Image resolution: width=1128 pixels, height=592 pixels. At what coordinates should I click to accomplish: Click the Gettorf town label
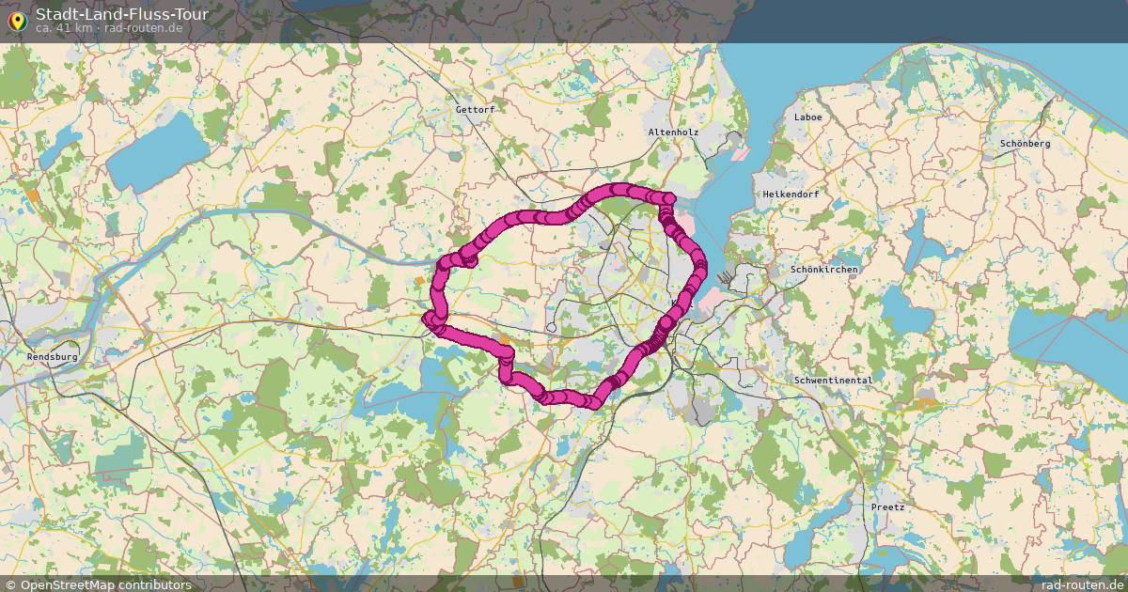pos(475,110)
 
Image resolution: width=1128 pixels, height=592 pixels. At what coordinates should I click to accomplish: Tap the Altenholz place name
pos(673,132)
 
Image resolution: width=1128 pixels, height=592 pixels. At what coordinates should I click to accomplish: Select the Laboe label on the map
pos(807,117)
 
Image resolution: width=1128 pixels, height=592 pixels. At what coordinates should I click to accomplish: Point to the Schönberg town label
pos(1025,144)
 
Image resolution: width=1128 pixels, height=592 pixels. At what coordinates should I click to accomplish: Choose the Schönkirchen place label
pos(824,270)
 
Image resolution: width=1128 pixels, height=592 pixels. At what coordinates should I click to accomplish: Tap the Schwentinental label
pos(833,381)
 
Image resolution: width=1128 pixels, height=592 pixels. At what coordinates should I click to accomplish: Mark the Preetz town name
pos(887,507)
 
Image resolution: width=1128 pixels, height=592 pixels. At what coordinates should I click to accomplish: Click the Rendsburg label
pos(53,358)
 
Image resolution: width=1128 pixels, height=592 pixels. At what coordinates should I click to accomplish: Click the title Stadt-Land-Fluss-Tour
pos(122,14)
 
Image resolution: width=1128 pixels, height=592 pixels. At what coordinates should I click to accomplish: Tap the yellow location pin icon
pos(17,20)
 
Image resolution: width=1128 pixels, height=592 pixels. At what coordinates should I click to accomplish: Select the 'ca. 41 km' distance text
pos(63,28)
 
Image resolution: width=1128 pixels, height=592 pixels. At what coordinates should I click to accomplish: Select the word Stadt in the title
pos(55,14)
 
